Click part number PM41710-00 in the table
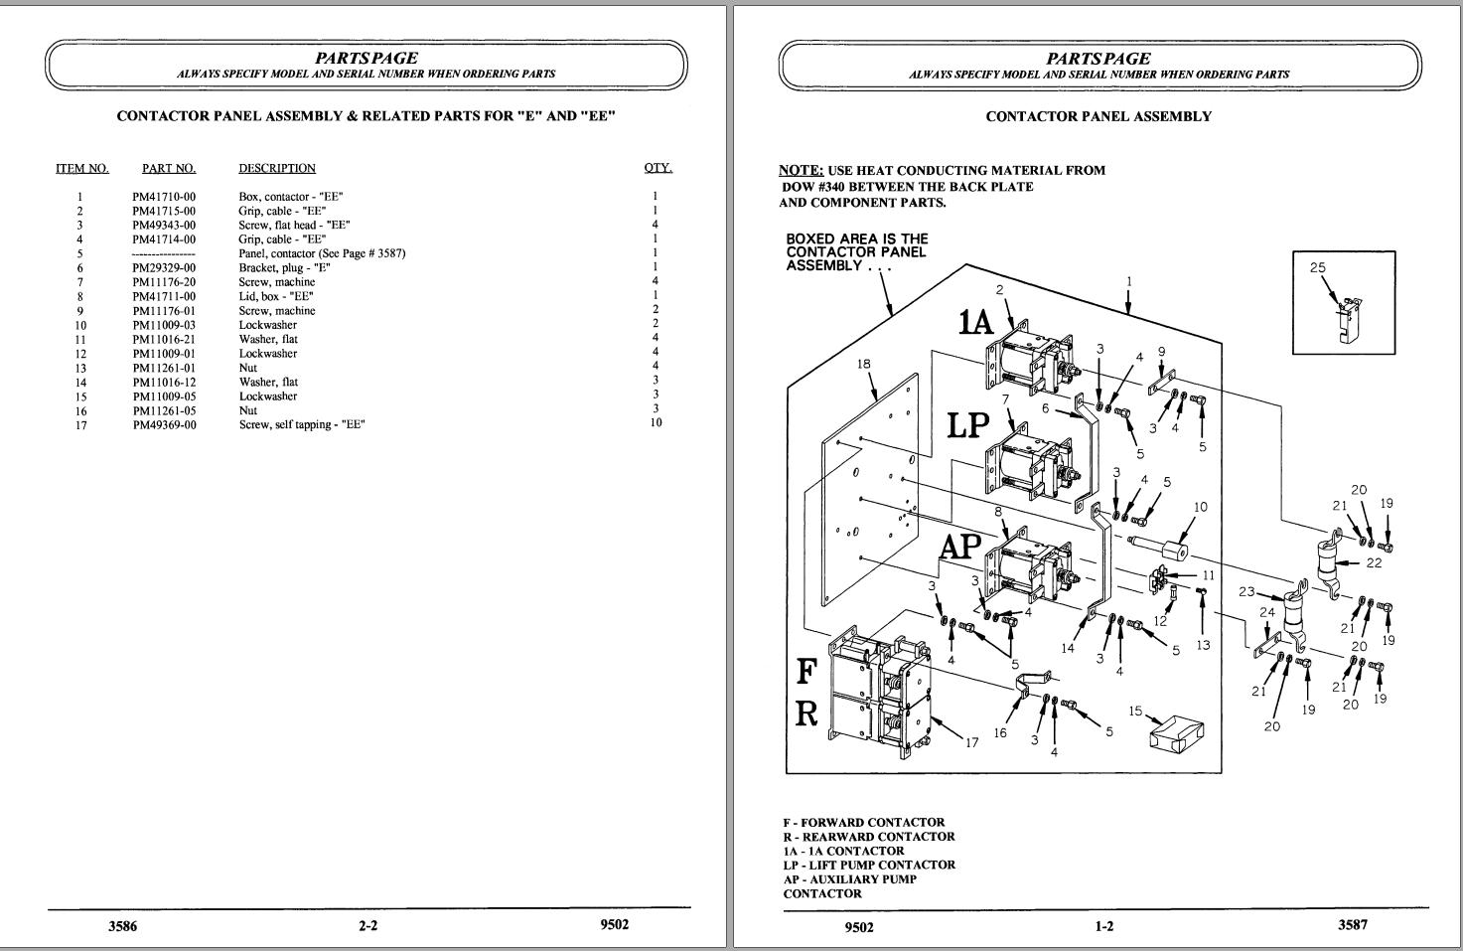[164, 197]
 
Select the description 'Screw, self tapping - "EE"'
[302, 425]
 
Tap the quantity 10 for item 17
[656, 422]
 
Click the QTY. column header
[658, 168]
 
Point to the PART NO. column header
[169, 169]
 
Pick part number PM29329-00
[164, 268]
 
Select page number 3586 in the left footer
[123, 925]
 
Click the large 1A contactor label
[975, 322]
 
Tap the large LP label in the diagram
[968, 425]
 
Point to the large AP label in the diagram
[960, 547]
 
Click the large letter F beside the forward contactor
[807, 672]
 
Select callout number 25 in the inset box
[1318, 267]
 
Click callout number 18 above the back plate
[863, 364]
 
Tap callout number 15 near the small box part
[1135, 711]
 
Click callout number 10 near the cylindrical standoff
[1201, 507]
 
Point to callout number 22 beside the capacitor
[1375, 562]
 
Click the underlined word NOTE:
[801, 171]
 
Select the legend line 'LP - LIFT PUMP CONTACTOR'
[869, 865]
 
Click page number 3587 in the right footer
[1353, 924]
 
